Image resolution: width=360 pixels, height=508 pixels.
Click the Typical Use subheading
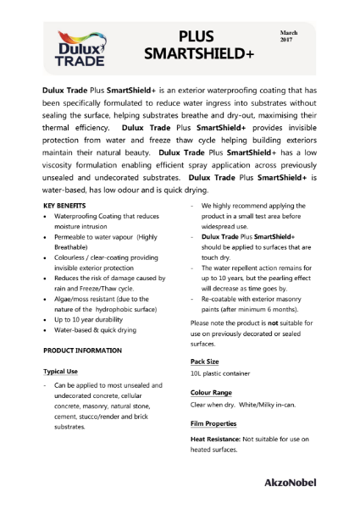coord(61,371)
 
